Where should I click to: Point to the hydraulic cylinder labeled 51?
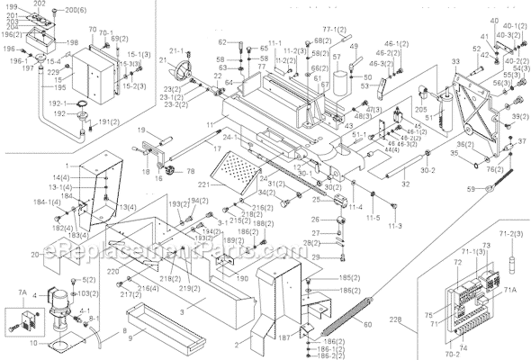442,103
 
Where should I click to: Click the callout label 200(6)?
76,10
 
